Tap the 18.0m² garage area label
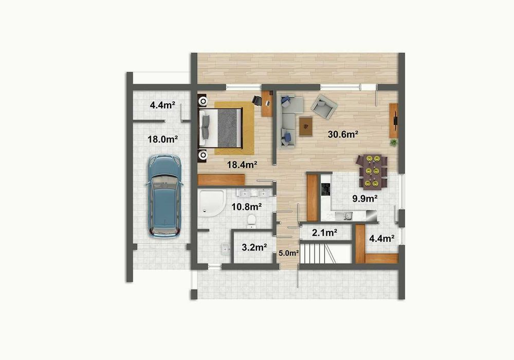[163, 139]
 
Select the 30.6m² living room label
[343, 134]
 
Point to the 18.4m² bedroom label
[242, 165]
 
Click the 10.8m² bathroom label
[247, 207]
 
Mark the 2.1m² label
[324, 232]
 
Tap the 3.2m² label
[254, 247]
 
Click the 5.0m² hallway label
[288, 253]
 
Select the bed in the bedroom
[222, 126]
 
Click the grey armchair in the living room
[323, 105]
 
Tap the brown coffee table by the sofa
[306, 126]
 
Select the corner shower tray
[211, 202]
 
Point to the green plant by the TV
[394, 142]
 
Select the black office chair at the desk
[257, 100]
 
